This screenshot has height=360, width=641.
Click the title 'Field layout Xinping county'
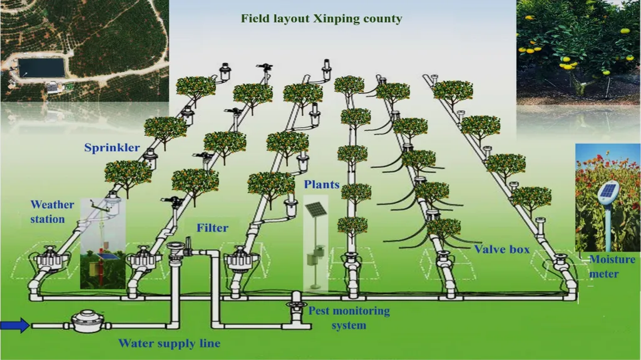pos(321,19)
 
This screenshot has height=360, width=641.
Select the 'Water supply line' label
pos(169,343)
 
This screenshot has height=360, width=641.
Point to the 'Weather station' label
pos(52,212)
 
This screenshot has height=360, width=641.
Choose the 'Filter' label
pos(212,228)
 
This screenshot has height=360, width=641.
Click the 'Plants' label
pos(322,185)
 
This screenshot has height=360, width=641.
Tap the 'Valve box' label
pos(501,249)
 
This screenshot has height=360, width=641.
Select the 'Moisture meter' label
pos(612,267)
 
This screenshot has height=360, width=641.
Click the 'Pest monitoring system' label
pos(349,317)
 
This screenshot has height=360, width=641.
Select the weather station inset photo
pos(103,250)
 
